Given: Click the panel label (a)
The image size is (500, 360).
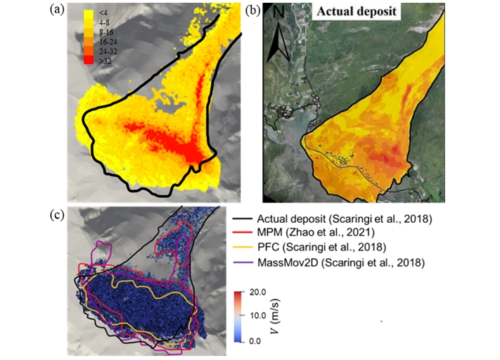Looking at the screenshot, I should coord(56,11).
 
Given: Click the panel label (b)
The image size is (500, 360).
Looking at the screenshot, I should coord(251,11).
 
